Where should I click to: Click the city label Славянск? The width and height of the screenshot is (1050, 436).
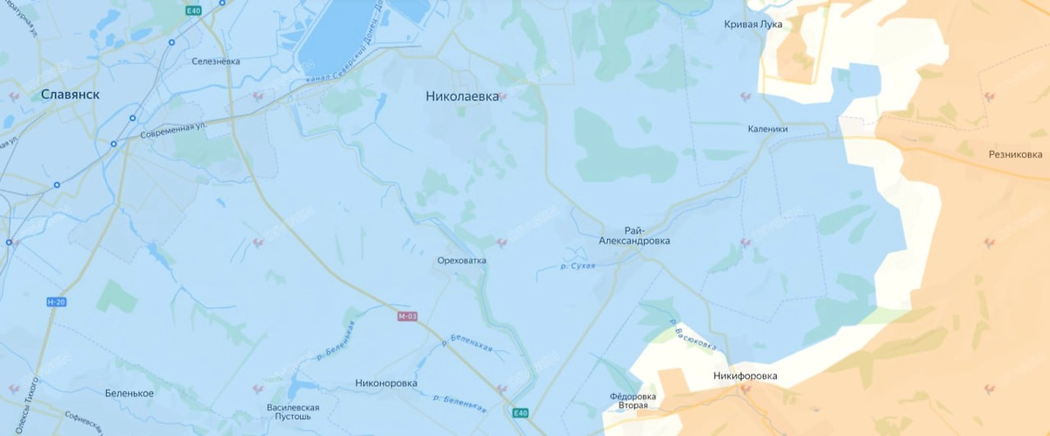point(70,94)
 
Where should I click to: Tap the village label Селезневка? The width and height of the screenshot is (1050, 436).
point(215,61)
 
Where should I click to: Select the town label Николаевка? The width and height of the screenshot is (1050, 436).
point(462,96)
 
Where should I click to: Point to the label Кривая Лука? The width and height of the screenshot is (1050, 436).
point(753,25)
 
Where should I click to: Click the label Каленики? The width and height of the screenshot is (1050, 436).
point(767,129)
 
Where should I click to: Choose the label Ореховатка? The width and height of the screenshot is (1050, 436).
point(461,261)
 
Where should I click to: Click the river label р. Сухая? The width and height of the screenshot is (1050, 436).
point(577,264)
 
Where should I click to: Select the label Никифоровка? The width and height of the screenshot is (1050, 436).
point(744,376)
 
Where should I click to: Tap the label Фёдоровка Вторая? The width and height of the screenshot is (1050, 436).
point(633,401)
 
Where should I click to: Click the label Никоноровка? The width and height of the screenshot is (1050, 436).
point(387,383)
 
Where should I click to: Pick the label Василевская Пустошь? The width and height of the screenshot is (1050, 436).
point(292,412)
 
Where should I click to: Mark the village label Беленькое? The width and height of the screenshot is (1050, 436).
point(129,393)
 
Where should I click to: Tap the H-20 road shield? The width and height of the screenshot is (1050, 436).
point(56,302)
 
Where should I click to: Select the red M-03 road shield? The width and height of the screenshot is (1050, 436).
point(407,316)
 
